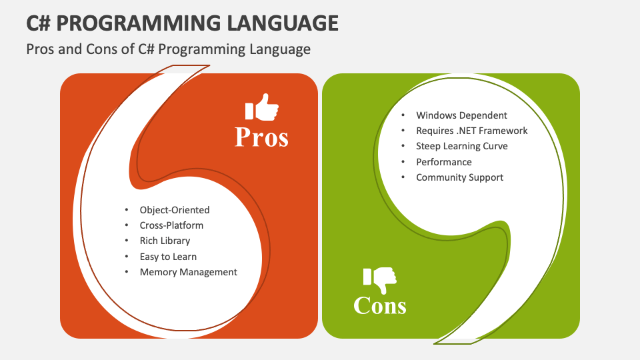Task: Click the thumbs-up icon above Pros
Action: coord(261,107)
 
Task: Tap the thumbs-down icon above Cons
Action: coord(380,281)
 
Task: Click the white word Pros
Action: coord(261,137)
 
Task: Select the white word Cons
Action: coord(380,305)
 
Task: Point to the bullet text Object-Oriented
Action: coord(175,210)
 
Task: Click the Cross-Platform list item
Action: coord(171,225)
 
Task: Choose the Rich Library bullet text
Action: coord(165,241)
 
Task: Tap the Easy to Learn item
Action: coord(168,256)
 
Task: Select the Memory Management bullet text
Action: coord(188,272)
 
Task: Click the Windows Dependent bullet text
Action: coord(461,115)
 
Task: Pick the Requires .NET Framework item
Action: coord(472,131)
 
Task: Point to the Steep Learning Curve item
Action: coord(462,146)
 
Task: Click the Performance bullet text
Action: coord(444,162)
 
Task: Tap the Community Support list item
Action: coord(459,177)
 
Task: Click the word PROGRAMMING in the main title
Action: coord(139,23)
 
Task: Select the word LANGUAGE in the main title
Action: coord(283,23)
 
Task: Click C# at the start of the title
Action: coord(39,23)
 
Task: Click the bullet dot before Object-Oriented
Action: coord(127,210)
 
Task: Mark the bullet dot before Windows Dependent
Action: coord(403,115)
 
